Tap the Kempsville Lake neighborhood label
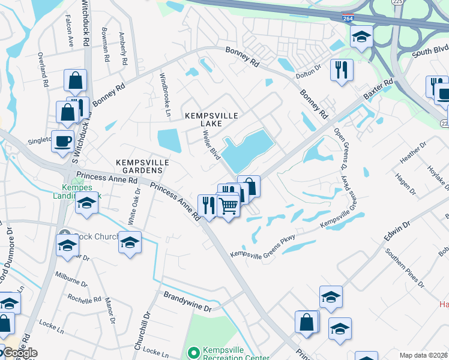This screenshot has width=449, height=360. click(x=203, y=119)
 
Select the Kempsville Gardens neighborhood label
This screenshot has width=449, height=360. click(x=143, y=167)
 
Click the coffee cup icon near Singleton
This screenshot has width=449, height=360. click(x=63, y=142)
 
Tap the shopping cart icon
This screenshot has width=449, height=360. click(x=228, y=206)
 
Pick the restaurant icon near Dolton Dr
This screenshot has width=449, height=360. click(x=342, y=70)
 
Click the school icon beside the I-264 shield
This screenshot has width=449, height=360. click(x=361, y=37)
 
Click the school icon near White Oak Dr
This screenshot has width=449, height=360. click(x=130, y=243)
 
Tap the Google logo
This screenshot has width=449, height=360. click(x=19, y=353)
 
